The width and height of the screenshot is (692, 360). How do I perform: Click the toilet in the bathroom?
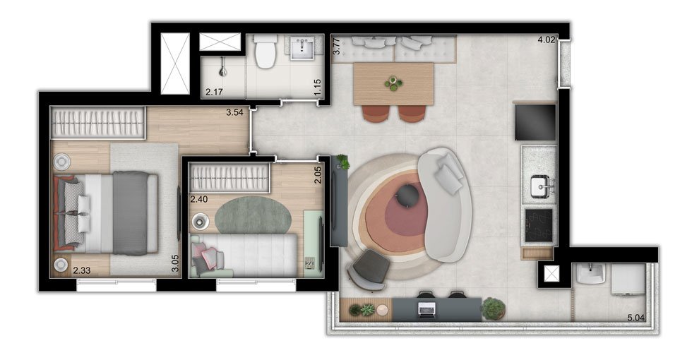266,52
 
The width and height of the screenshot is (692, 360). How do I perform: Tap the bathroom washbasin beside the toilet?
303,47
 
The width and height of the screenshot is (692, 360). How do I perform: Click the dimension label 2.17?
214,92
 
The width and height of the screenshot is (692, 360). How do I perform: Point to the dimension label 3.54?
234,112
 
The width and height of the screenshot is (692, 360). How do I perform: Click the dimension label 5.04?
636,318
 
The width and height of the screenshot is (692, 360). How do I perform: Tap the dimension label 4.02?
546,40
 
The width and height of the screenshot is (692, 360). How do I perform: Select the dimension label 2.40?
199,199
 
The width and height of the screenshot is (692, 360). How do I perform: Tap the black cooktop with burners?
539,225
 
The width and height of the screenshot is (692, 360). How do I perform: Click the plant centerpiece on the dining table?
393,84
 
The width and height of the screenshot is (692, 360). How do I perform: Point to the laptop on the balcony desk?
427,309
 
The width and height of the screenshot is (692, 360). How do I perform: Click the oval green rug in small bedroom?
253,215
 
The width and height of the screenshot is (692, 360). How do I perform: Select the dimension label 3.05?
175,263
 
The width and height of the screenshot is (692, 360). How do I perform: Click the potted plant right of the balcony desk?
493,308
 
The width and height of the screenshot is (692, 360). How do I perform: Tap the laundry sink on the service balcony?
590,274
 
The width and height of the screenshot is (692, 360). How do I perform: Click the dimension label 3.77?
336,47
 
